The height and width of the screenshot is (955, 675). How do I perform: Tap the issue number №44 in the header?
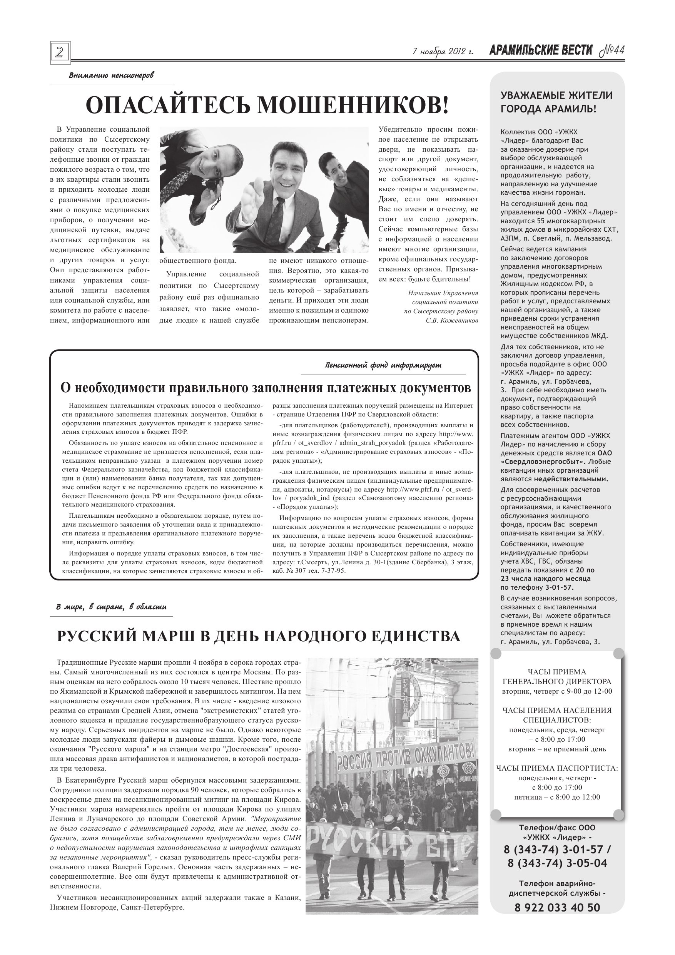[x=612, y=51]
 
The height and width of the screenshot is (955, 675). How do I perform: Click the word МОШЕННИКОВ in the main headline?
[x=353, y=105]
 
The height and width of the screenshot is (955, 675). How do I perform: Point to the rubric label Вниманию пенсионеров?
[x=111, y=76]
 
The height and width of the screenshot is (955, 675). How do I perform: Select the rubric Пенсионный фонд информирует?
[x=383, y=366]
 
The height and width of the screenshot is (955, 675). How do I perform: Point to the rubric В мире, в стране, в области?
[x=111, y=608]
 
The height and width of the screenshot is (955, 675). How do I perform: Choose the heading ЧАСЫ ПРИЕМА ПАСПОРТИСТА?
[x=557, y=768]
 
